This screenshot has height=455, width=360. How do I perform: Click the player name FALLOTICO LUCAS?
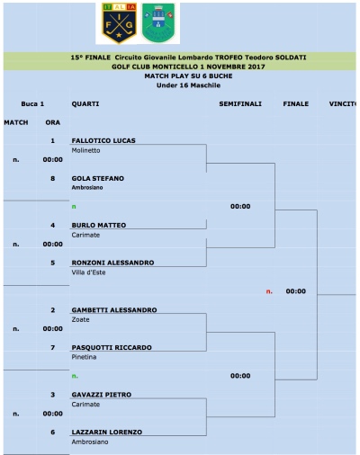(x=103, y=141)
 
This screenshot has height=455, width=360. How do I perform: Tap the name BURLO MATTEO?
(x=98, y=225)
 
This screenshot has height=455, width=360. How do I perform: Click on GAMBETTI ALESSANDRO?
(x=113, y=310)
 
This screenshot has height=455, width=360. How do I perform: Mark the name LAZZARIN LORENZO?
(x=106, y=432)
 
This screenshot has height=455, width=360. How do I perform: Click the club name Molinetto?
(x=85, y=151)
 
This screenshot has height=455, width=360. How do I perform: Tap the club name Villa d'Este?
(x=88, y=272)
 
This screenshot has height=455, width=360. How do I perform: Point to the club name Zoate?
(x=80, y=320)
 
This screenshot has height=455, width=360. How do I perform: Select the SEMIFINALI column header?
(x=240, y=103)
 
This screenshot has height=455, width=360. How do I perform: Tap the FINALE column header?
(x=295, y=103)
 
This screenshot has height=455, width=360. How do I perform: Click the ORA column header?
(x=52, y=121)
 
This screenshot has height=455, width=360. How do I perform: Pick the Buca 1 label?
(x=33, y=103)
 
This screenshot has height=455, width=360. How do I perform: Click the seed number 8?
(x=52, y=178)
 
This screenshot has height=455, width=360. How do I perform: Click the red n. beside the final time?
(x=269, y=291)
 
